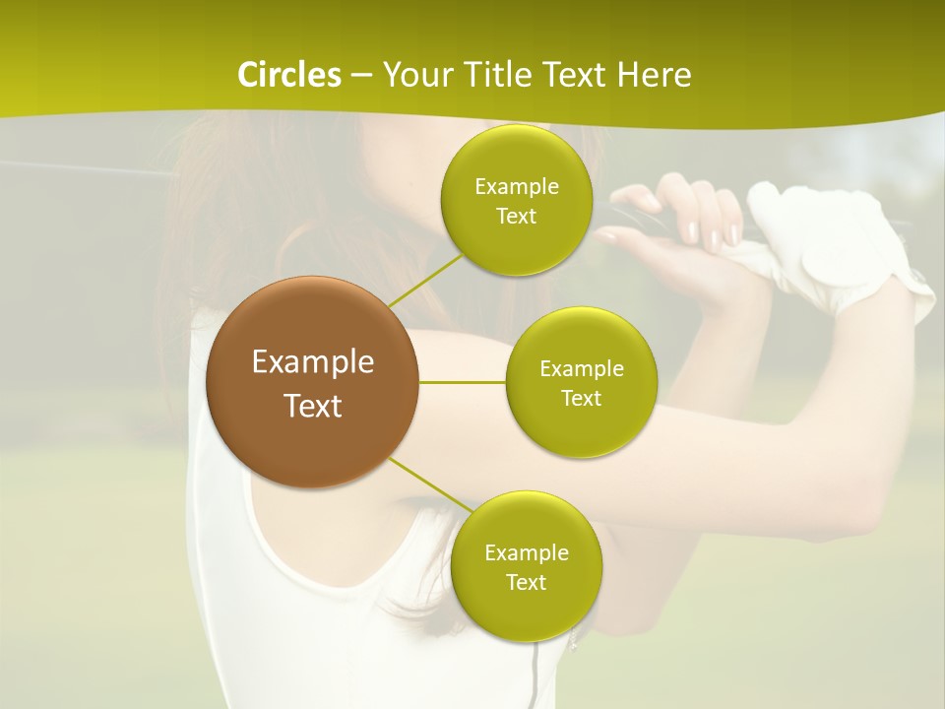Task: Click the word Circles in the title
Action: click(288, 75)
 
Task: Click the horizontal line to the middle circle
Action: click(463, 381)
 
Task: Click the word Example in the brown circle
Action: click(313, 361)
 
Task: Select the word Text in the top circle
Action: click(516, 217)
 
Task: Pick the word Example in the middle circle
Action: click(581, 369)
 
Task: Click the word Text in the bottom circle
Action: click(526, 582)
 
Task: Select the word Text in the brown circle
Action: click(313, 406)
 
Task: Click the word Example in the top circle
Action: click(516, 187)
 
